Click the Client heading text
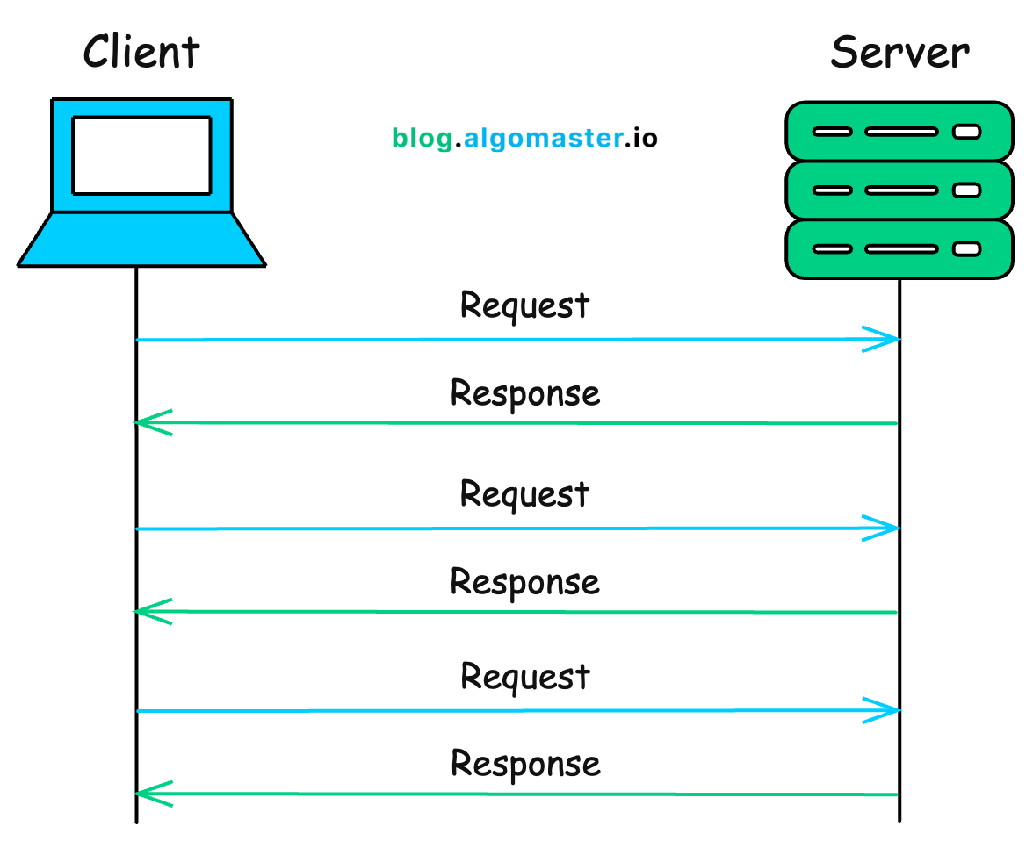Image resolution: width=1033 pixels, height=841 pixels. coord(141,52)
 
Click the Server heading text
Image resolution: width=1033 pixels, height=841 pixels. coord(899,52)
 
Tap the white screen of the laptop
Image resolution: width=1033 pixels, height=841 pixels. coord(141,155)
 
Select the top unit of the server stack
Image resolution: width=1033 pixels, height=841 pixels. coord(899,132)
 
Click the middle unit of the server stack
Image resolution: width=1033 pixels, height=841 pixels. coord(899,190)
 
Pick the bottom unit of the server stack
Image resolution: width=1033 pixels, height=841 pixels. coord(899,248)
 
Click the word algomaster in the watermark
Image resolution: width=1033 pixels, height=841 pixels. coord(542,138)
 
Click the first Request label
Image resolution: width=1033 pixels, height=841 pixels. coord(524,306)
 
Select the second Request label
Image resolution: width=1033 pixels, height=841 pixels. coord(524,494)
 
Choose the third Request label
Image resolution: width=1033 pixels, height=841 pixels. coord(524,678)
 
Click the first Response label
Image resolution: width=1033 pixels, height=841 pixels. coord(524,392)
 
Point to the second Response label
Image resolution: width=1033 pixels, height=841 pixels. coord(524,581)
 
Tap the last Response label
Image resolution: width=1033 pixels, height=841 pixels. coord(524,764)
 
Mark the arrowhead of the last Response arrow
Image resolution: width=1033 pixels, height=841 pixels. coord(149,794)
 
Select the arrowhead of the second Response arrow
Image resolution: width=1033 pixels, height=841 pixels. coord(149,611)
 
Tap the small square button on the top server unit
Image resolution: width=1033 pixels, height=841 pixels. coord(966,132)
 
